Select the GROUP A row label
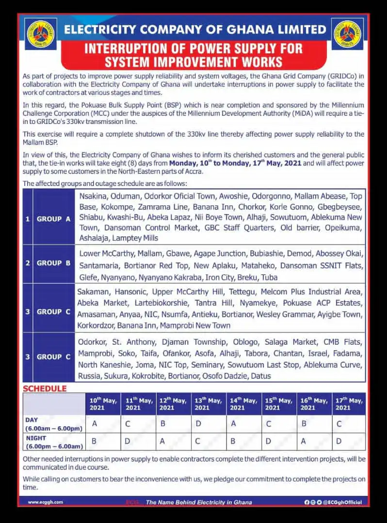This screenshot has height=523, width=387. pos(53,219)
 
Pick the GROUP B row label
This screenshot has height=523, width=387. pos(53,263)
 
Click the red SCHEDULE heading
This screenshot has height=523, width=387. pos(45,389)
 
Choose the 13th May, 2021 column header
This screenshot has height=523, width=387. pos(209,404)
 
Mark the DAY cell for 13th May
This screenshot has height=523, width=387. pos(198,424)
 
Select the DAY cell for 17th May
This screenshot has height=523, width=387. pos(339,424)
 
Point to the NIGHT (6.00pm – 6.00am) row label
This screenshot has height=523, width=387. pos(53,442)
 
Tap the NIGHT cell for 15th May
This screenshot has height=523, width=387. pos(269,442)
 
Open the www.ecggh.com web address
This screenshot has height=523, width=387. pos(46,502)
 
